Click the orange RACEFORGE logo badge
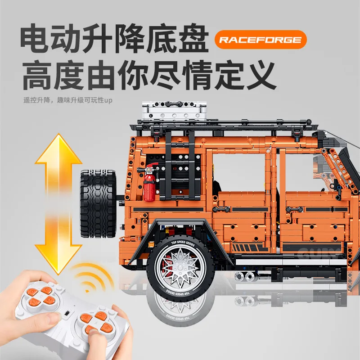[260, 40]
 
